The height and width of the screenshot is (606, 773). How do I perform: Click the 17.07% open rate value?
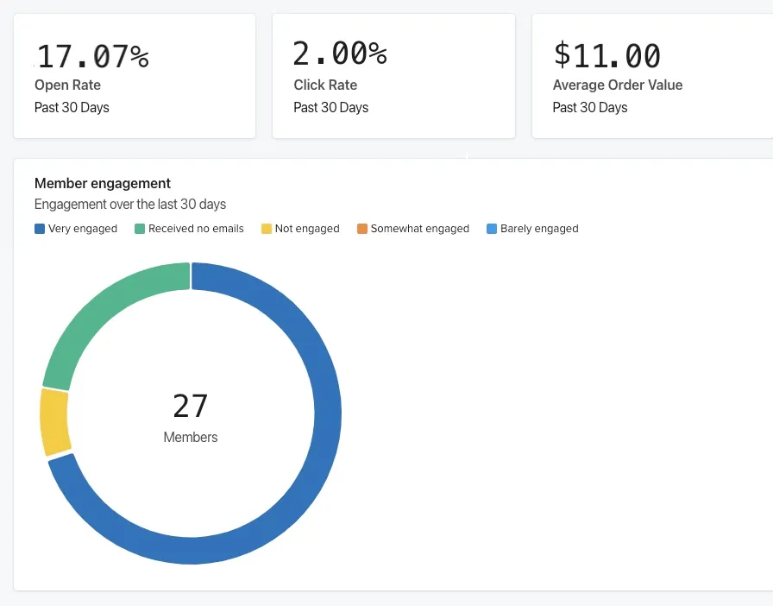(93, 56)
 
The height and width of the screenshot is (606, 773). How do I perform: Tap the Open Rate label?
(67, 85)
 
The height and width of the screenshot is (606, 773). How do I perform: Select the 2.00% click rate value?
(340, 54)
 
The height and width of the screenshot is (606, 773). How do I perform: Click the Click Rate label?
(325, 85)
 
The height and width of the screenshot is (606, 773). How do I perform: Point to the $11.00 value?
(607, 55)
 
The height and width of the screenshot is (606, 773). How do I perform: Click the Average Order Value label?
(618, 85)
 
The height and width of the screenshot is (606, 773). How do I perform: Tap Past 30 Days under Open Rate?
(72, 108)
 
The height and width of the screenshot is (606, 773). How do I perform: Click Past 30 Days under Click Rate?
(330, 108)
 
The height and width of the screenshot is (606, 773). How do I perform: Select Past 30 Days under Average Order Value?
(590, 108)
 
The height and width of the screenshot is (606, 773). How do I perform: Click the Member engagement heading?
(103, 183)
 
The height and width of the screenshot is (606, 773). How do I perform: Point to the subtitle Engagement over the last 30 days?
(130, 205)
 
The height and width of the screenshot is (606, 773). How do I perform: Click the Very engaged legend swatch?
(40, 229)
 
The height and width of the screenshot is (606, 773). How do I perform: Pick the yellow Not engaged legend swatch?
(267, 229)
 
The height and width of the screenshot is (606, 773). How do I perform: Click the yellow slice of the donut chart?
(55, 422)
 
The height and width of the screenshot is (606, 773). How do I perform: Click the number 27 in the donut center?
(191, 406)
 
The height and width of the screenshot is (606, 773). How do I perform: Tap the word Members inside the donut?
(191, 437)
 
